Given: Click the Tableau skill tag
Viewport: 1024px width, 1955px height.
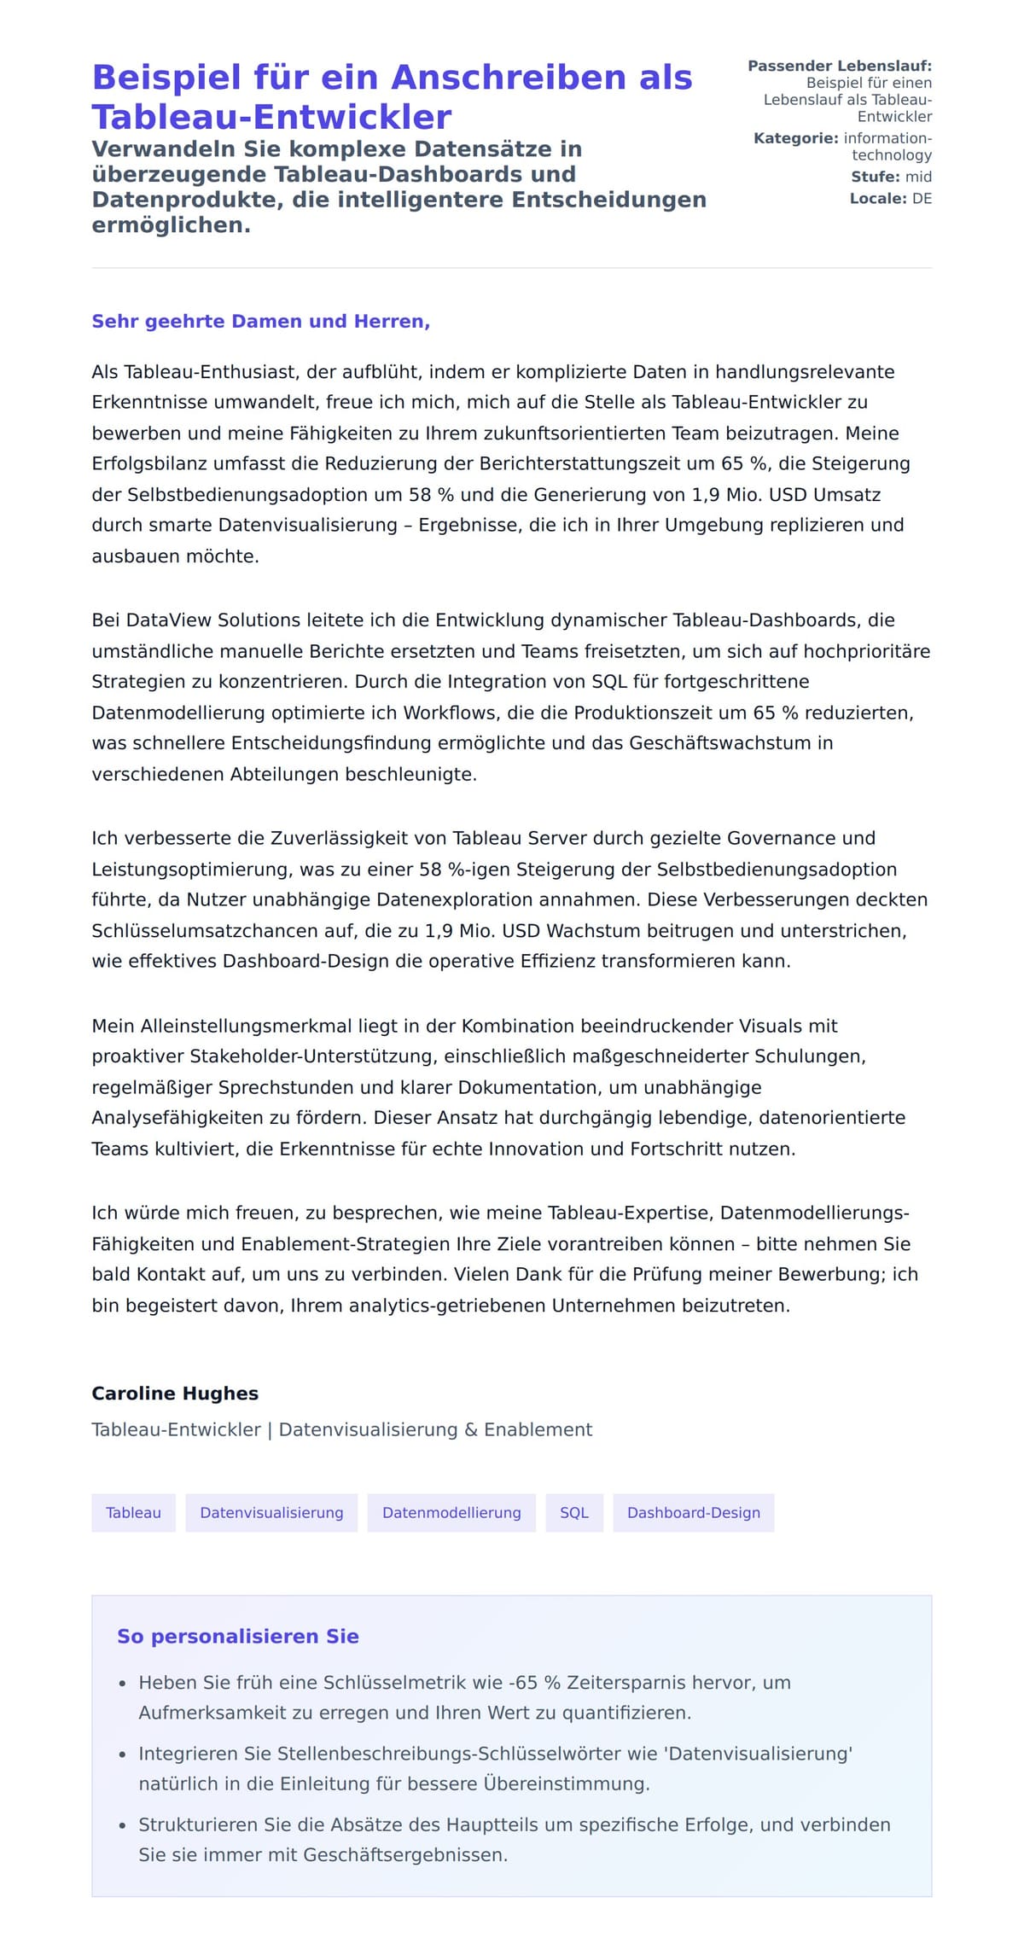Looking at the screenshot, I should (133, 1513).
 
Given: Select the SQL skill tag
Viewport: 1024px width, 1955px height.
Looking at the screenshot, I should (574, 1513).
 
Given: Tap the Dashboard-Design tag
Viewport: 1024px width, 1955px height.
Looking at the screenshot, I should (693, 1513).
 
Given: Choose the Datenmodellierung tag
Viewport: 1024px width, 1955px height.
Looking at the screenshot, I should (451, 1513).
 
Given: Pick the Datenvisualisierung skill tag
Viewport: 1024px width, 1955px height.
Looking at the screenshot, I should (271, 1513).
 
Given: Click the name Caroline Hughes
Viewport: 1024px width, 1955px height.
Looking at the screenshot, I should (175, 1394).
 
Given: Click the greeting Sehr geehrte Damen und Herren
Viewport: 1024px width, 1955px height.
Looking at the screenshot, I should (260, 322).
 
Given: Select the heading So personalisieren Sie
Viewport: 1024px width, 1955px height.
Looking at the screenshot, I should (237, 1637).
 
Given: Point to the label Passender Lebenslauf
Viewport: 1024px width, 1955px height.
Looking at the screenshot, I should (839, 66).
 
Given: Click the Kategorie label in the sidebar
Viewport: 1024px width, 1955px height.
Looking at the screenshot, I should (795, 138).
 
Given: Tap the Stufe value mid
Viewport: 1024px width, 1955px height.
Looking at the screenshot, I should (918, 177).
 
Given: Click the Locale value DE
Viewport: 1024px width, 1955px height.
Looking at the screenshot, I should (922, 199).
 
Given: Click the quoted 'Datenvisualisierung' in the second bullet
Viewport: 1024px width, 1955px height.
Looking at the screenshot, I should (759, 1754).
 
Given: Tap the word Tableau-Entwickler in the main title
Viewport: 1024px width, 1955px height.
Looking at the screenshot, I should (271, 118).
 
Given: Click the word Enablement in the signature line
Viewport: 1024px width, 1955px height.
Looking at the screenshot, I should (538, 1429).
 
